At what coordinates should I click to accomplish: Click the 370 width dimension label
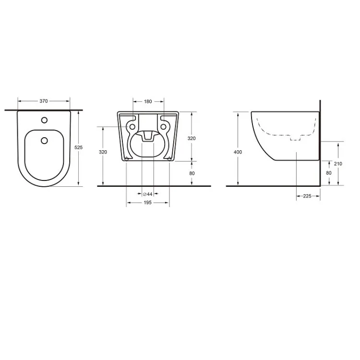(x=44, y=101)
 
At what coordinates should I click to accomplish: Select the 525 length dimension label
(x=79, y=147)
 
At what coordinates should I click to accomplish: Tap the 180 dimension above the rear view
(x=148, y=101)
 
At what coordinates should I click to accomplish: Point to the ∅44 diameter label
(x=148, y=194)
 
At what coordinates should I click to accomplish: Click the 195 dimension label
(x=148, y=203)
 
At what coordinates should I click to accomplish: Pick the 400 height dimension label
(x=238, y=152)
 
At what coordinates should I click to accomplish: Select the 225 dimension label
(x=307, y=196)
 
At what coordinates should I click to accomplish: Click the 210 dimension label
(x=338, y=164)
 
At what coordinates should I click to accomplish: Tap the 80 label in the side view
(x=329, y=173)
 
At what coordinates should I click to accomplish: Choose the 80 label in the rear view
(x=192, y=173)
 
